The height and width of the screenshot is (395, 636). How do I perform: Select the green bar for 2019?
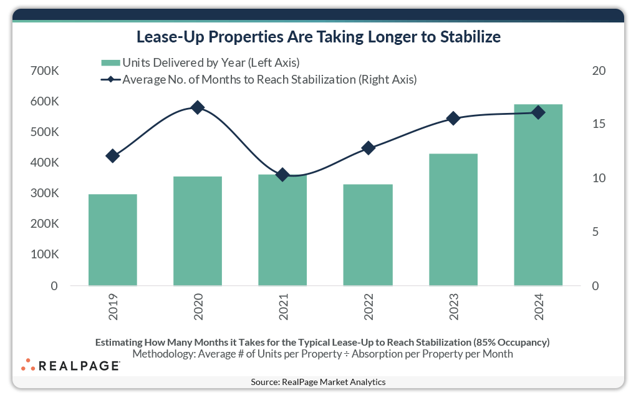point(112,240)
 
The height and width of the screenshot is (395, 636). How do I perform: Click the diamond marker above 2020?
point(198,107)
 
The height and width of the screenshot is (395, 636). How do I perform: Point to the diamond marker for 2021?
point(282,175)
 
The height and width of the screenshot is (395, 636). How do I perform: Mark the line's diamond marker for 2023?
point(453,118)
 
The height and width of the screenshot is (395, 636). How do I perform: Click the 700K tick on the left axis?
point(44,71)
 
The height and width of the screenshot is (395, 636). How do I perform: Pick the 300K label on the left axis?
point(44,194)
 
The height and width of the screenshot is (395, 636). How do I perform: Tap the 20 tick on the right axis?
point(598,71)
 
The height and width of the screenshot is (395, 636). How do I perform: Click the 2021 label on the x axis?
point(284,308)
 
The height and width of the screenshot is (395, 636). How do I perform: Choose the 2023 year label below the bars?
point(454,308)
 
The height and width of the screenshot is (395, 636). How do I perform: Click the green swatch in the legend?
point(110,62)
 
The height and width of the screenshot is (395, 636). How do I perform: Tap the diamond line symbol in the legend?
point(110,79)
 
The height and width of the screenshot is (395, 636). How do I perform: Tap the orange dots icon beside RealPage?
point(28,365)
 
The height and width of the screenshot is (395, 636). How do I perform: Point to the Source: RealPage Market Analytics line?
point(318,382)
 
